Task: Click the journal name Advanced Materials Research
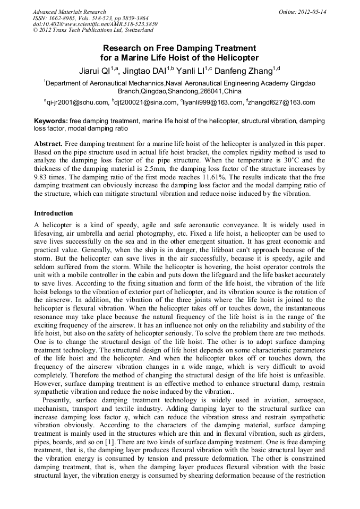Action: click(x=69, y=12)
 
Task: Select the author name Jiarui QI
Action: click(x=93, y=71)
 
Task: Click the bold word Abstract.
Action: click(x=48, y=144)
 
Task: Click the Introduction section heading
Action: click(x=53, y=213)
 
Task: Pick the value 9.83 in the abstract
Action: click(x=41, y=177)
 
